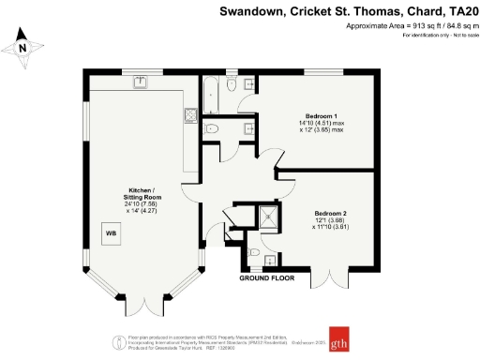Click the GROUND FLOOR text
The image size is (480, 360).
click(266, 278)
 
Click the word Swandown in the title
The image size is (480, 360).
click(247, 12)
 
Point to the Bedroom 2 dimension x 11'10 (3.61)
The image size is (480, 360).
click(330, 228)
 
